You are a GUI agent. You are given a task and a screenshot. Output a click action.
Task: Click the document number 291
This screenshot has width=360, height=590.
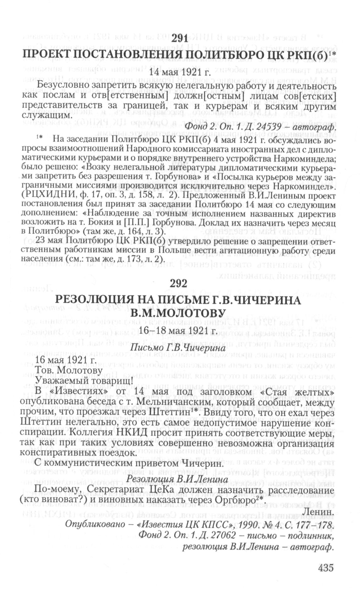coord(179,40)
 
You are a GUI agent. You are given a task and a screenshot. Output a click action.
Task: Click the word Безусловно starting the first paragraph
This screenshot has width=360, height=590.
coord(63,85)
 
